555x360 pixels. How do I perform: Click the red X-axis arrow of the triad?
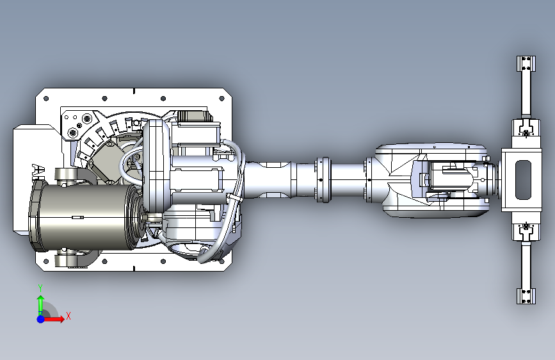pos(53,319)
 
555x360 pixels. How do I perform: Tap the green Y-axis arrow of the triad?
pos(41,305)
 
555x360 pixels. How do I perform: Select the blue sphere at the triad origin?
pos(41,319)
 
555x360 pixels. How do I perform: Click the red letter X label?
pos(68,316)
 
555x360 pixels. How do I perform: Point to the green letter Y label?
pos(40,288)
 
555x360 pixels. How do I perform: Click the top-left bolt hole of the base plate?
pos(45,99)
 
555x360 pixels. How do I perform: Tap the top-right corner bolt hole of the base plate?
pos(222,99)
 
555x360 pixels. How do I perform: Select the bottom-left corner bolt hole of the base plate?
pos(45,261)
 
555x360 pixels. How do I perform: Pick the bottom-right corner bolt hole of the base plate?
pos(222,261)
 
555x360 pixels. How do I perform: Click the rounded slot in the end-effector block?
pos(524,179)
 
